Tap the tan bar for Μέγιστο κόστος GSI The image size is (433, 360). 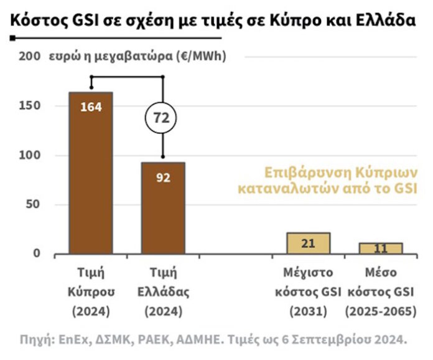pos(308,244)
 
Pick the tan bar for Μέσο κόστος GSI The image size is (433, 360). pos(380,249)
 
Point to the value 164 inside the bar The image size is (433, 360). pos(91,107)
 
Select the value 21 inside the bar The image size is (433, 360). pos(308,244)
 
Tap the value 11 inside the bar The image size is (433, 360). pos(380,249)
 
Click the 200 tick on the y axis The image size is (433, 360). pos(29,57)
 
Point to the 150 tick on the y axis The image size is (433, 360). pos(29,106)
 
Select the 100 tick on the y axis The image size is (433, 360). pos(29,155)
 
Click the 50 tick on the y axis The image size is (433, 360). pos(32,204)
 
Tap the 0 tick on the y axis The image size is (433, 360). pos(37,253)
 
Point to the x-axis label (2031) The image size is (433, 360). pos(308,310)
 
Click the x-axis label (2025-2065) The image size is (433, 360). pos(380,310)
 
